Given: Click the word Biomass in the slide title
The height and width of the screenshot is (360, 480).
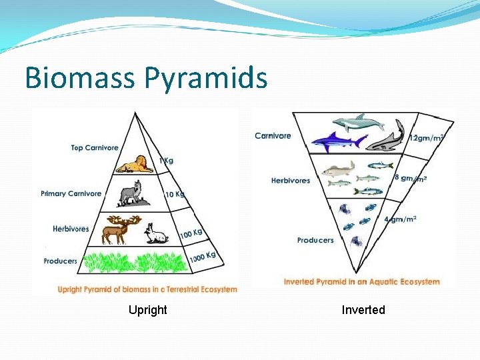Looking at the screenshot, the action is [79, 78].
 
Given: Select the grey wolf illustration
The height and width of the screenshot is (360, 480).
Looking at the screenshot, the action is [130, 193].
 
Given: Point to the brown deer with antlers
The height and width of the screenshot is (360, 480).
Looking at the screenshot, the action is [118, 229].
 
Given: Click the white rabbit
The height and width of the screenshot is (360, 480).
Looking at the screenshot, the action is [157, 234].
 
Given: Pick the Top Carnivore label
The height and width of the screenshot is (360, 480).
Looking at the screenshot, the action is [95, 148].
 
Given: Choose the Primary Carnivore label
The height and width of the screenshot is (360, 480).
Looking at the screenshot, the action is [71, 194].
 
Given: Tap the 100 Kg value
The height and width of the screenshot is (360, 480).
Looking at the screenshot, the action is [191, 233].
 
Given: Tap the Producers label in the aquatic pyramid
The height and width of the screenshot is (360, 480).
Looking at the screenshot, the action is [315, 240].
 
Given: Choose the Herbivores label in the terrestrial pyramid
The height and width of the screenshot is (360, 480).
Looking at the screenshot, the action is [71, 229].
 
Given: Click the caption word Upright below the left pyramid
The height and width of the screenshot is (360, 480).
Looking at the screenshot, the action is [148, 310].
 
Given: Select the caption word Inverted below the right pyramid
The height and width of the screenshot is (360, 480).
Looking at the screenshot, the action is [363, 310].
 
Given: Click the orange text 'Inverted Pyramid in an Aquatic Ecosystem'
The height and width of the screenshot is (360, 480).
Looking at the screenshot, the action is [362, 281].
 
